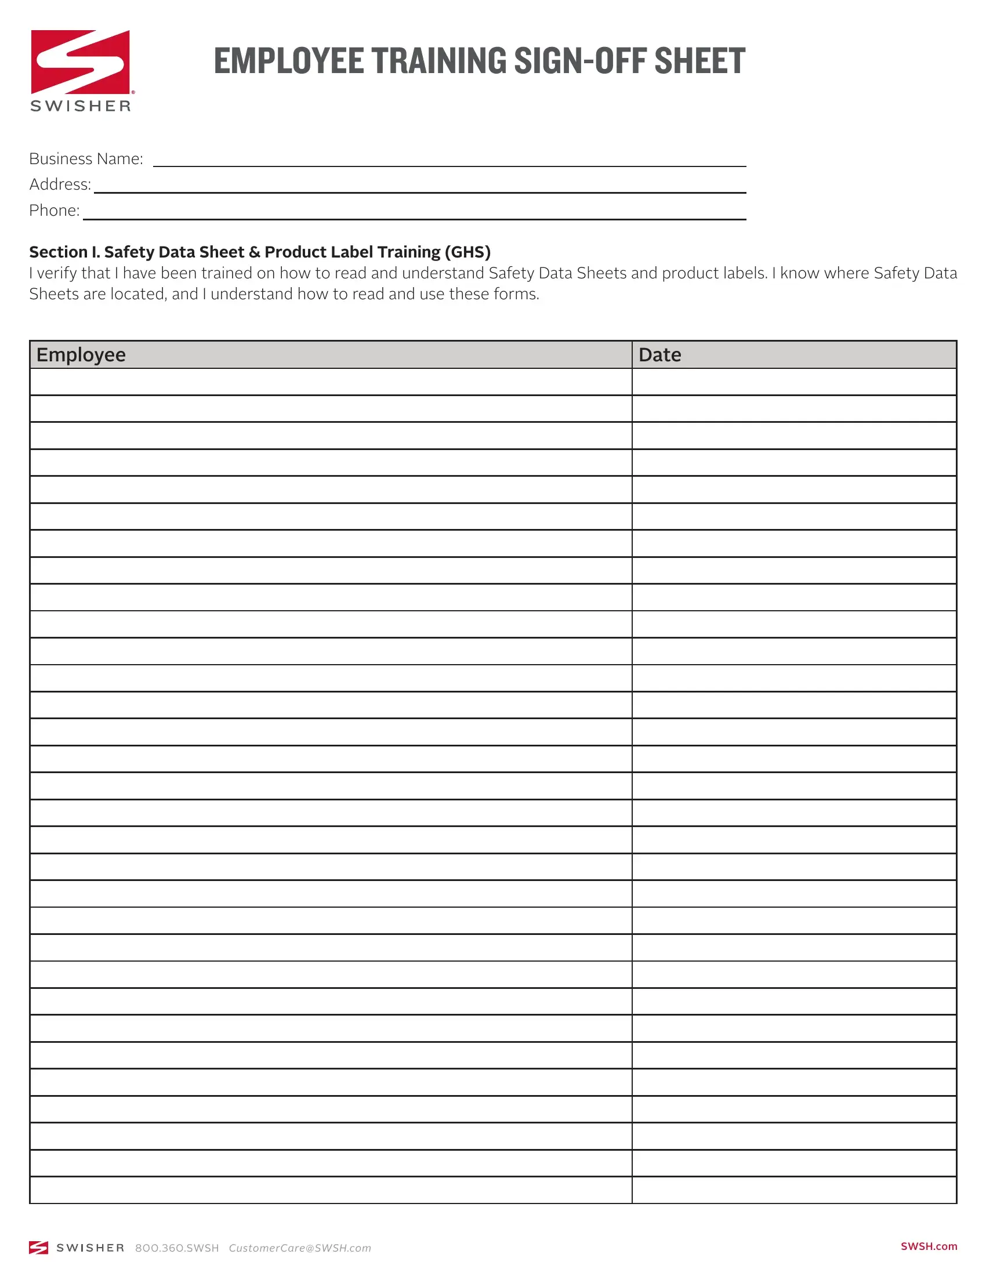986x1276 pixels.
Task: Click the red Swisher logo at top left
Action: (x=81, y=62)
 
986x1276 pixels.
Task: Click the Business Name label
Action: (x=86, y=159)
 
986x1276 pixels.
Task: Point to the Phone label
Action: (x=55, y=211)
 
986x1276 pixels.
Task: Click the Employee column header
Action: (x=81, y=354)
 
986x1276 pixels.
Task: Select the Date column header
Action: (x=659, y=354)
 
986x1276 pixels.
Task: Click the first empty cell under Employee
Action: (x=331, y=382)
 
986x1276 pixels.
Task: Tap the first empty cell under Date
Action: (x=794, y=382)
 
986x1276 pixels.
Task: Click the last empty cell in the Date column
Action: (x=794, y=1190)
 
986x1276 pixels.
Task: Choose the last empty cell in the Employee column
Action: (x=331, y=1190)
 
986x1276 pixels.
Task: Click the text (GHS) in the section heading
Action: (x=467, y=252)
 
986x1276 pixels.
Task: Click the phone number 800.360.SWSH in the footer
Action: (x=177, y=1248)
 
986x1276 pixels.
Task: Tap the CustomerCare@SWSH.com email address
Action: (x=300, y=1248)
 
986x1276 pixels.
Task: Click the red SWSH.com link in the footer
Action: (x=929, y=1246)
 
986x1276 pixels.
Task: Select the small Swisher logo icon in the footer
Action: (x=38, y=1248)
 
